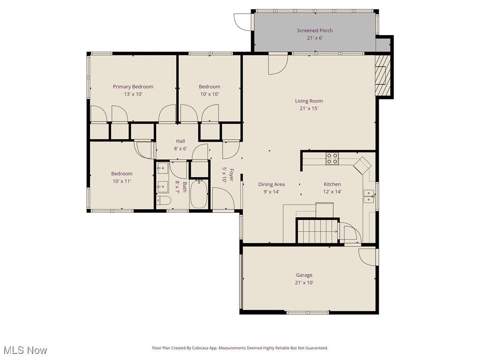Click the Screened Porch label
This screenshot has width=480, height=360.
point(315,30)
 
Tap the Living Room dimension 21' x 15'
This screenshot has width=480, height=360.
point(309,108)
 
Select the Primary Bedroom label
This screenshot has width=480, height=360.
point(133,86)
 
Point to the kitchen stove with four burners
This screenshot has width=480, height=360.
point(332,159)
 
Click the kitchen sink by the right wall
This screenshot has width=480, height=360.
point(368,196)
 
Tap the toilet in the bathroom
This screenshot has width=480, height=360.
point(164,201)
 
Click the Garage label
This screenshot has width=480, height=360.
point(304,275)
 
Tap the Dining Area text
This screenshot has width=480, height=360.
point(271,184)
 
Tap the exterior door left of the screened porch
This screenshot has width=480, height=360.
point(243,21)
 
